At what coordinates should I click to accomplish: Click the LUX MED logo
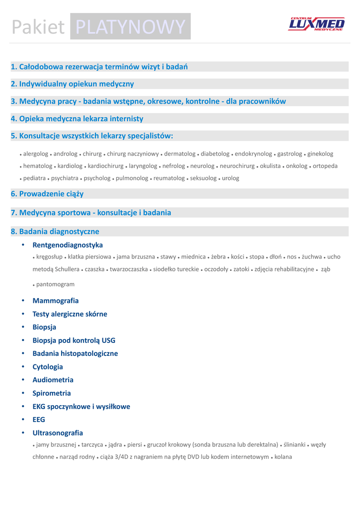pos(316,24)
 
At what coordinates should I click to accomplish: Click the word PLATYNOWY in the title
pos(131,27)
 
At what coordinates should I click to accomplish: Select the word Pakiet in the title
pos(38,27)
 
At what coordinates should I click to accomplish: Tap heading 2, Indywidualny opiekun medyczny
pos(73,84)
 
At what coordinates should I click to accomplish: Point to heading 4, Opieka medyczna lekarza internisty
pos(77,119)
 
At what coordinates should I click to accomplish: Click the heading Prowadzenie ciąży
pos(47,194)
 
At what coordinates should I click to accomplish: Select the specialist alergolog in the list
pos(35,154)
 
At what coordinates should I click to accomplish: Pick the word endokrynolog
pos(254,154)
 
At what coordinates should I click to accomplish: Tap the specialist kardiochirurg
pos(105,166)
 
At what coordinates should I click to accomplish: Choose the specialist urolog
pos(231,178)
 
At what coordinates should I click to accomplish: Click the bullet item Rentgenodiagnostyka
pos(68,245)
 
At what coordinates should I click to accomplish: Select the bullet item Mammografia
pos(56,301)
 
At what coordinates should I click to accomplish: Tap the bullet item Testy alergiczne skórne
pos(70,314)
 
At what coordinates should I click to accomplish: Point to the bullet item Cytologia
pos(48,367)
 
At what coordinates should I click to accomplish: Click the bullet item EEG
pos(39,420)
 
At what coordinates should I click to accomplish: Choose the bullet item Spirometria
pos(52,393)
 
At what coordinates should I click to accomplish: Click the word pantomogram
pos(55,284)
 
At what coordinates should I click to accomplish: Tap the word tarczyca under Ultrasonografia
pos(92,445)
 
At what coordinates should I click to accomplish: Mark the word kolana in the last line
pos(283,457)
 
